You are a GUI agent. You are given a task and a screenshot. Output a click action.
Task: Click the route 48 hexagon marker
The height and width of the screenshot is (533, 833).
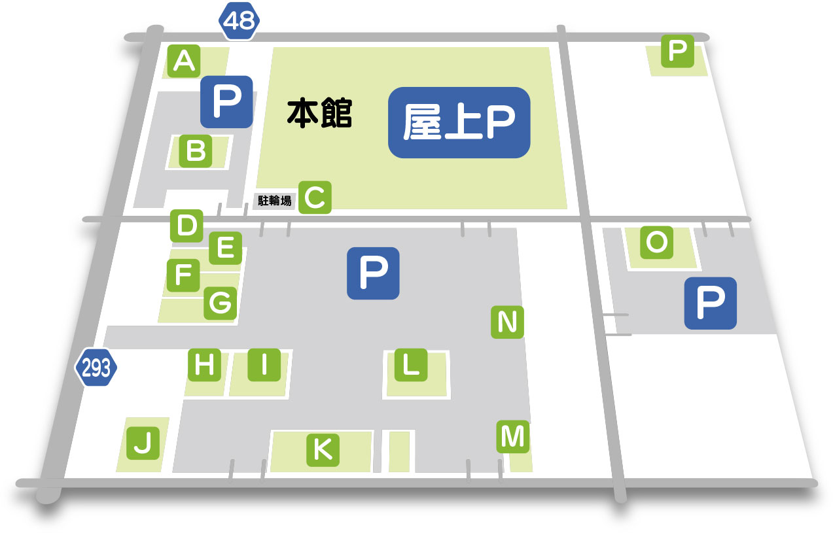239,21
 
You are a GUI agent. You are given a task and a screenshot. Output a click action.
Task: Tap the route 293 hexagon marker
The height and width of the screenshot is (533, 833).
96,368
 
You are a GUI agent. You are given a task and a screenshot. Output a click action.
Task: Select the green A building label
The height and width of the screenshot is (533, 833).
185,61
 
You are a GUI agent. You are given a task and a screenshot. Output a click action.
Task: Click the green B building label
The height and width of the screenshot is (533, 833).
196,151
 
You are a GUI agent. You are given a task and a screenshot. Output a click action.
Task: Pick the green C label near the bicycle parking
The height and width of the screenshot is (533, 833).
315,197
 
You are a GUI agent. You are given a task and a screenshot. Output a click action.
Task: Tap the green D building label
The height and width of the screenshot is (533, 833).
187,226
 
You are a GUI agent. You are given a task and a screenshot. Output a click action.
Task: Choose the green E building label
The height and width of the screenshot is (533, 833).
225,248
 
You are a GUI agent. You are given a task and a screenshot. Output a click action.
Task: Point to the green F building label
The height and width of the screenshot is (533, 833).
183,275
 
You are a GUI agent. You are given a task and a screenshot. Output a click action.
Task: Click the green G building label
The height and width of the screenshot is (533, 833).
220,303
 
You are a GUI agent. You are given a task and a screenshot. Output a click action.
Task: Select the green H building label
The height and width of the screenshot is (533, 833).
205,365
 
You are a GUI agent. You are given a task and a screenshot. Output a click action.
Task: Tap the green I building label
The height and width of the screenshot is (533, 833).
264,365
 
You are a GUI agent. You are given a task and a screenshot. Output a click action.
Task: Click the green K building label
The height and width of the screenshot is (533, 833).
323,449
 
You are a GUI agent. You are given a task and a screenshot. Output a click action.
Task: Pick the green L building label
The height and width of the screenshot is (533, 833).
411,365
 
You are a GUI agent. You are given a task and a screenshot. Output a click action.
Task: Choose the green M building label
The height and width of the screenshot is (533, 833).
512,436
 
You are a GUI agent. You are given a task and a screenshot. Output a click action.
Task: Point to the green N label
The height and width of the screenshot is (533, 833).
508,322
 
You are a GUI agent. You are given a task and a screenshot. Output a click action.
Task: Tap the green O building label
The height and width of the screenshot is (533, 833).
656,243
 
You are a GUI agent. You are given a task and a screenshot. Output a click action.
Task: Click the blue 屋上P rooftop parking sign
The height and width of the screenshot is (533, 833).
459,123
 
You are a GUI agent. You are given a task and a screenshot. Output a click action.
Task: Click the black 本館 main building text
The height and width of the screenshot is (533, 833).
320,113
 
